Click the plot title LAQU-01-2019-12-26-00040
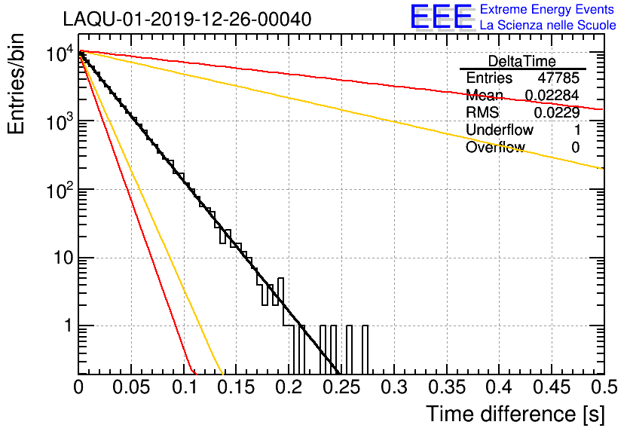click(x=187, y=19)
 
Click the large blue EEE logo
click(x=441, y=17)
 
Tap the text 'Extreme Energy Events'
click(x=547, y=10)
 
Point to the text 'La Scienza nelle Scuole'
click(x=547, y=25)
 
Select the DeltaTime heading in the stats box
click(x=522, y=61)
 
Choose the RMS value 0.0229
click(x=557, y=113)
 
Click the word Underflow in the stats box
click(x=499, y=130)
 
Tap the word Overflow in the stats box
click(x=495, y=147)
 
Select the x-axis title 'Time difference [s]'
click(x=513, y=414)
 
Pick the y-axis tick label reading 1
click(x=66, y=327)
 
